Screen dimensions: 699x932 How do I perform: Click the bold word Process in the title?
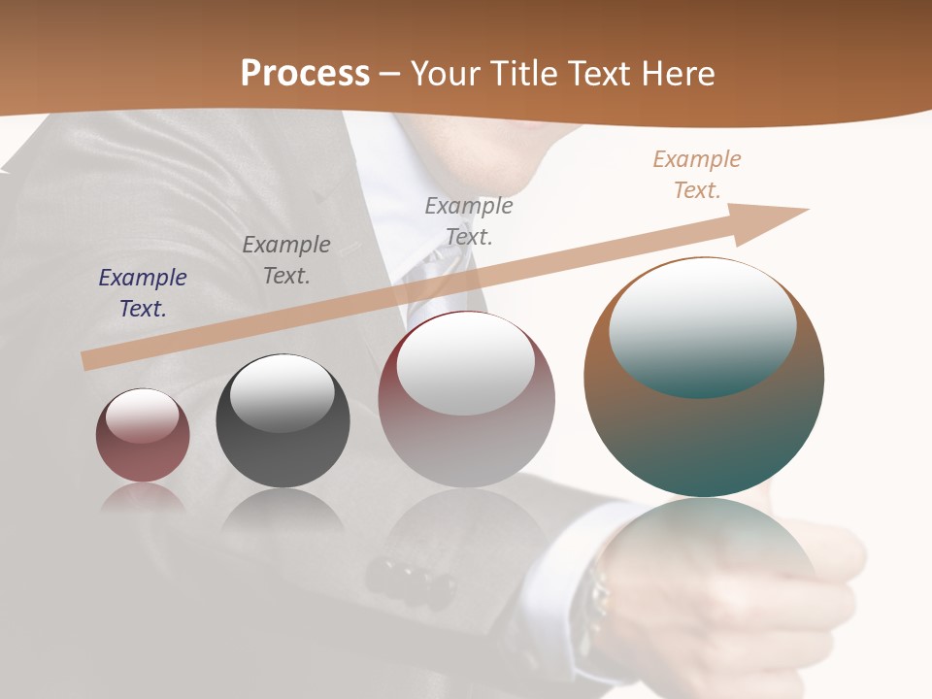[x=305, y=74]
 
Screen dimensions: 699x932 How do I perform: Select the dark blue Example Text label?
[x=143, y=292]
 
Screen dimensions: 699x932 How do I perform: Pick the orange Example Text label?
[x=696, y=174]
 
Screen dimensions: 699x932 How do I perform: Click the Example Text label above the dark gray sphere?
[x=286, y=259]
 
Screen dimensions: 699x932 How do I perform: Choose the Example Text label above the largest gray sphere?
[x=469, y=220]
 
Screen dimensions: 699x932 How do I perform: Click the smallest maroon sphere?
[x=143, y=435]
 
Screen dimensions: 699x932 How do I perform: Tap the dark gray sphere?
[x=283, y=421]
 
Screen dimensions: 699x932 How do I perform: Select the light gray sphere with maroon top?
[x=466, y=400]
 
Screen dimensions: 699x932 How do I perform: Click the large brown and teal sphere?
[x=704, y=377]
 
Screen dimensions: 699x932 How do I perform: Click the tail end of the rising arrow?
[x=87, y=361]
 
